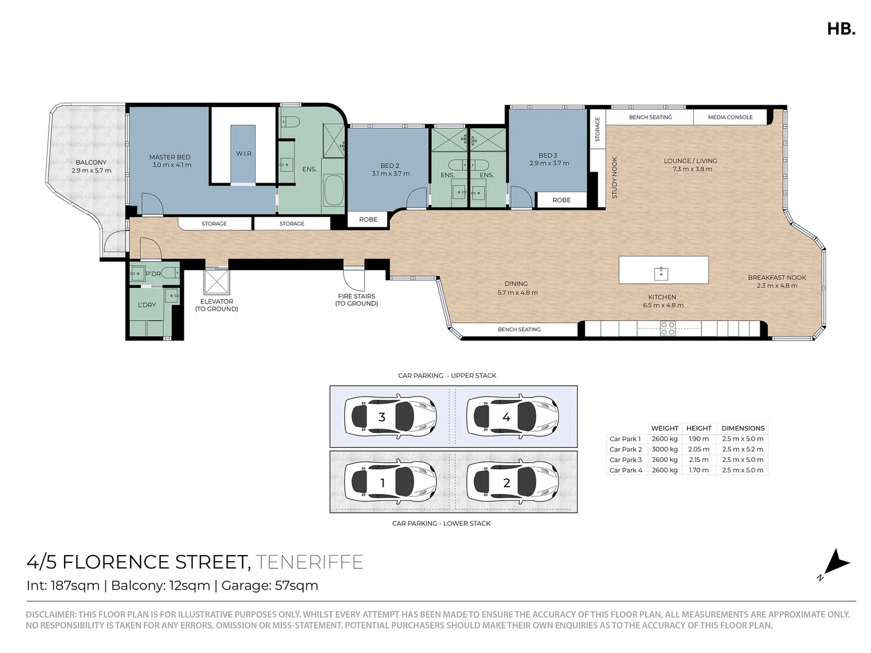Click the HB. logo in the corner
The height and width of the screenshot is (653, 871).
click(841, 28)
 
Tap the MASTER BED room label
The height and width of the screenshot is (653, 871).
click(170, 158)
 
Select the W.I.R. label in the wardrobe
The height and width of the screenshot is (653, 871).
click(244, 154)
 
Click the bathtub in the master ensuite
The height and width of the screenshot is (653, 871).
click(333, 191)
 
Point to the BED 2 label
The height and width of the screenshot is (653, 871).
click(390, 166)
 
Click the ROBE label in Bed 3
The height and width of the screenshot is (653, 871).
click(561, 200)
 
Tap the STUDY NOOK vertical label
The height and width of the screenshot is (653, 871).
click(615, 178)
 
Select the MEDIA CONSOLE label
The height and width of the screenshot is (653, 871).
click(730, 117)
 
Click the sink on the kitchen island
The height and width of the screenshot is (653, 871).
click(661, 273)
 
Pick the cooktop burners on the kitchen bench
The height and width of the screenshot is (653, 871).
click(667, 328)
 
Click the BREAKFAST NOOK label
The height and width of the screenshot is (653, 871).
click(777, 278)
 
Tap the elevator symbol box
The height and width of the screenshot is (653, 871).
click(217, 282)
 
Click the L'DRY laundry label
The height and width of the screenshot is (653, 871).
click(147, 305)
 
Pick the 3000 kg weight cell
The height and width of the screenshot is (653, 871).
click(664, 449)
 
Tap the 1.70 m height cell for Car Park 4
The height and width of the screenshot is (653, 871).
click(699, 470)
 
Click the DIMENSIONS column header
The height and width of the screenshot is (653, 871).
click(743, 428)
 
